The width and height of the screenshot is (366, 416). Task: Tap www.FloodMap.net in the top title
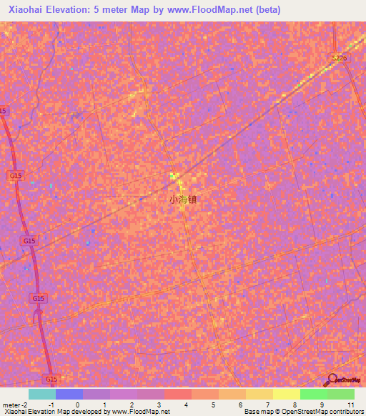tap(214, 10)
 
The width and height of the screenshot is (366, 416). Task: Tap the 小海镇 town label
tap(182, 200)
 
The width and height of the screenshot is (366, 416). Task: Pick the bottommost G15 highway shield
tap(50, 378)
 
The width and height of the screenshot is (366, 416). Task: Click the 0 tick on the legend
tap(78, 405)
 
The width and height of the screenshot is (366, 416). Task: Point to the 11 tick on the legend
tap(350, 405)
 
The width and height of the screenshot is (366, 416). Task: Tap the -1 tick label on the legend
tap(51, 405)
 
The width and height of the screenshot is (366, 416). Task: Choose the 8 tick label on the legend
tap(295, 405)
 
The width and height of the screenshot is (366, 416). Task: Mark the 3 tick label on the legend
tap(159, 405)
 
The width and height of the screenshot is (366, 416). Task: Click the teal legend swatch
tap(42, 394)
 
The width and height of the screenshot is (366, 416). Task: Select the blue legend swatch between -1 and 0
tap(69, 394)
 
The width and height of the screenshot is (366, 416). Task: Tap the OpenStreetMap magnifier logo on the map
tap(330, 380)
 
